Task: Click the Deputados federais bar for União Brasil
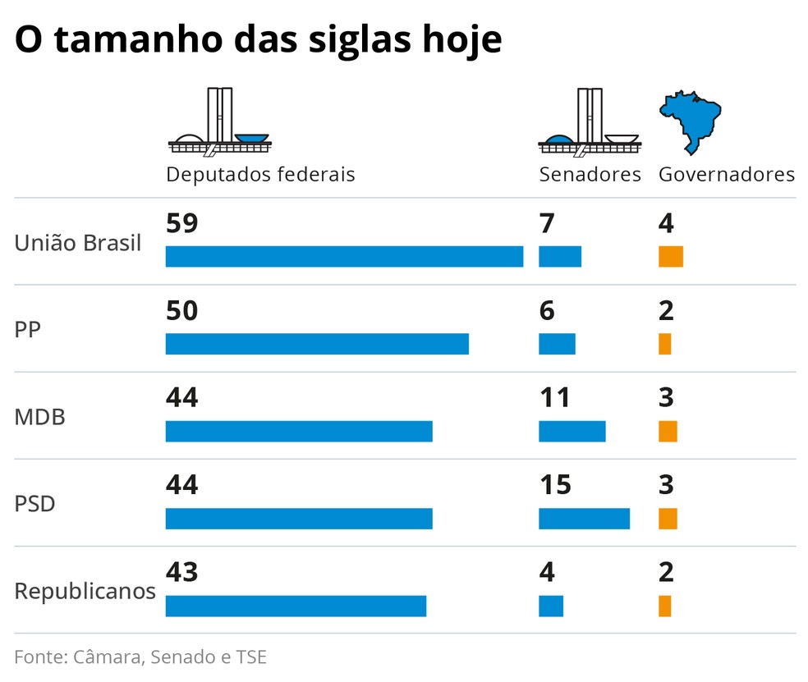coord(344,256)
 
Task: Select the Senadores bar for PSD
coord(584,519)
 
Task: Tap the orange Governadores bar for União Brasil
coord(670,256)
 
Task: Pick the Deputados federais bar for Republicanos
coord(296,606)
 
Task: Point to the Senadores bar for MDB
coord(572,431)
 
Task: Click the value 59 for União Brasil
coord(182,224)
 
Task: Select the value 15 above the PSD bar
coord(555,485)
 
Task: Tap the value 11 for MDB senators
coord(555,398)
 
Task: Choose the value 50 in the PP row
coord(182,311)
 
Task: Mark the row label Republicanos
coord(85,591)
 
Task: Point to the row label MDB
coord(39,417)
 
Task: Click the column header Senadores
coord(590,175)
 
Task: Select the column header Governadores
coord(727,175)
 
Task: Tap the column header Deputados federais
coord(260,175)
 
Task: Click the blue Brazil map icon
coord(691,122)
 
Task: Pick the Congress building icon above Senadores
coord(589,123)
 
